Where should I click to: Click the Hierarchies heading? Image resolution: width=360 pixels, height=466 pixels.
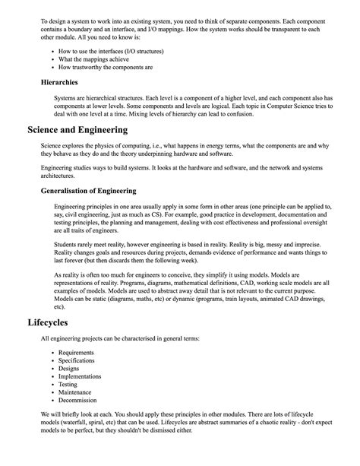[65, 81]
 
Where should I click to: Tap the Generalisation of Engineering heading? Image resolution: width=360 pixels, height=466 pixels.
[88, 191]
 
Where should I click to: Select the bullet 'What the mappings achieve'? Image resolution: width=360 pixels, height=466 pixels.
[99, 59]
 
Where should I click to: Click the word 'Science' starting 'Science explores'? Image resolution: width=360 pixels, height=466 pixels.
[52, 147]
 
